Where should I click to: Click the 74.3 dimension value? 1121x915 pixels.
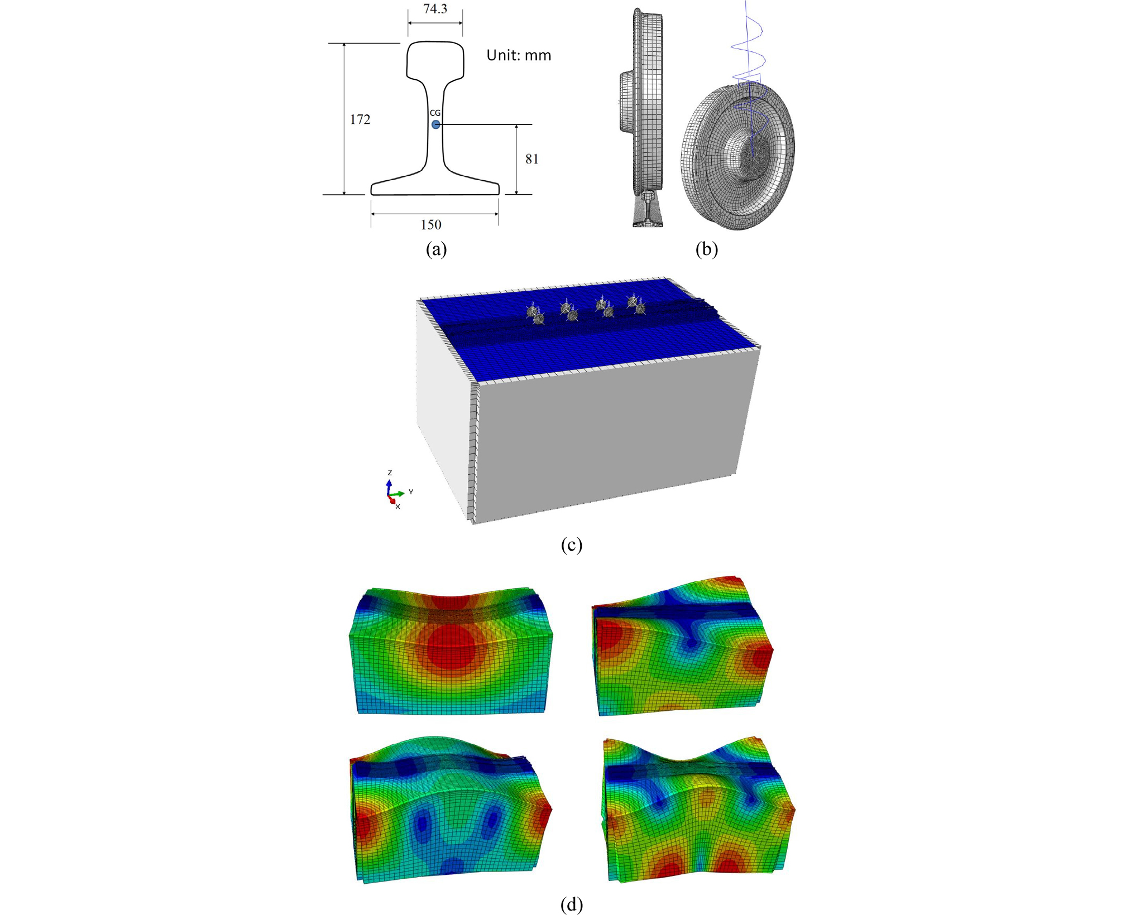tap(435, 9)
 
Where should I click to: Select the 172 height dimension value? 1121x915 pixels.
tap(360, 119)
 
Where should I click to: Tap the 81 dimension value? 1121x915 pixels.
tap(532, 159)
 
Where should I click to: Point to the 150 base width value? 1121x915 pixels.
tap(431, 225)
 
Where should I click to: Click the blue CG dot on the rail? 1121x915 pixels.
tap(435, 124)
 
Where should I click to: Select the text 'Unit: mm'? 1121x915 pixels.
tap(519, 55)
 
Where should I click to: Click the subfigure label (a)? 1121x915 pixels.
tap(436, 249)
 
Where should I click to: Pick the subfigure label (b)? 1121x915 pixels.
tap(706, 249)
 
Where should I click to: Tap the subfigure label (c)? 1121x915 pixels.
tap(571, 545)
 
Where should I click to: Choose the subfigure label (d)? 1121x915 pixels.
tap(571, 904)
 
